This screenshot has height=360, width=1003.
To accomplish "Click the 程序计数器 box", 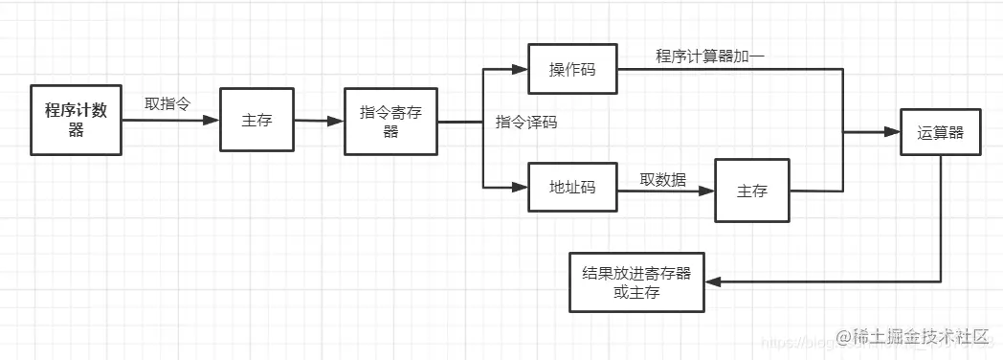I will click(x=77, y=120).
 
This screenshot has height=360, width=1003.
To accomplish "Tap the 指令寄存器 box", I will click(x=390, y=123).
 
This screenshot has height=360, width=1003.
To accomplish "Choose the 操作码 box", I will click(x=572, y=70).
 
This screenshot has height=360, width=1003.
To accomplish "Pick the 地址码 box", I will click(x=572, y=188).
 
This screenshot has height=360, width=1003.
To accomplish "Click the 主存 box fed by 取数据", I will click(x=752, y=191).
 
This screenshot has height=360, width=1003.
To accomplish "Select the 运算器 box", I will click(x=941, y=134).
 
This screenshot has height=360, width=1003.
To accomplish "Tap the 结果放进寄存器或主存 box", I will click(x=636, y=282).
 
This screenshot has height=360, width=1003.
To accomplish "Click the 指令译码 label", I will click(x=526, y=123).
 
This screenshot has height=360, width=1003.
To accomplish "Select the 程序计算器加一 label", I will click(x=709, y=56).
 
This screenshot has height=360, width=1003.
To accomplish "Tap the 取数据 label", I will click(x=663, y=178).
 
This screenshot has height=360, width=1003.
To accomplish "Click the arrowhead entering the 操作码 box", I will click(x=522, y=70).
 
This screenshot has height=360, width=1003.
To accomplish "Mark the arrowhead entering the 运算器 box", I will click(x=894, y=134).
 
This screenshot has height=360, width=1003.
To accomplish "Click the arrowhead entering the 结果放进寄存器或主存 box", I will click(x=711, y=281).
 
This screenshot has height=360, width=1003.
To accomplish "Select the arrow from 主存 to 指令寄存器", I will click(x=318, y=122).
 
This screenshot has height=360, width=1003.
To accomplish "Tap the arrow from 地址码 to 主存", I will click(x=665, y=190).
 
